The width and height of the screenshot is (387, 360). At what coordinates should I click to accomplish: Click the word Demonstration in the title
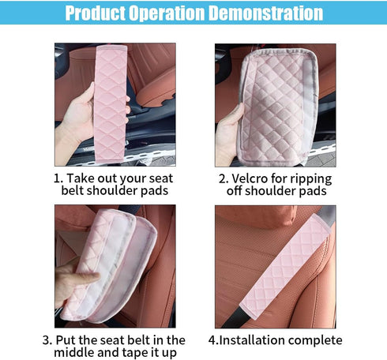[x=267, y=13]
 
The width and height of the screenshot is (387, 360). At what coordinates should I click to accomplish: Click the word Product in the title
[x=96, y=13]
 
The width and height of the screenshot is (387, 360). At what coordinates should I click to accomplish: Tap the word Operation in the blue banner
[x=167, y=13]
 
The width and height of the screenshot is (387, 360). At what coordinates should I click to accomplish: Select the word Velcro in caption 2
[x=250, y=178]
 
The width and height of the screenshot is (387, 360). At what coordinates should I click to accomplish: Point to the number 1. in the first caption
[x=58, y=178]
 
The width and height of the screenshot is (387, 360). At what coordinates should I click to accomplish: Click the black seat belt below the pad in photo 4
[x=235, y=317]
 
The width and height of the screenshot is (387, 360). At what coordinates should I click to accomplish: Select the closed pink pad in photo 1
[x=111, y=103]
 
